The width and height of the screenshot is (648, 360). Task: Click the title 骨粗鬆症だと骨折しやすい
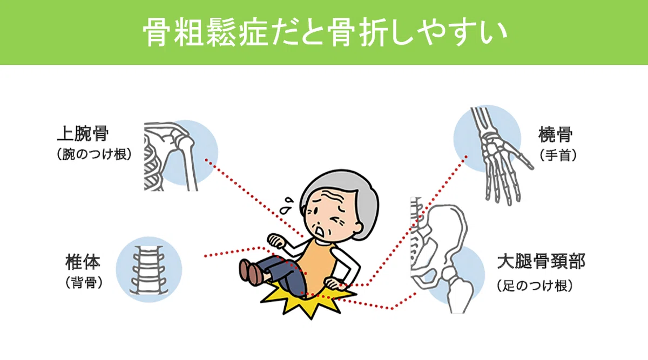coord(325,32)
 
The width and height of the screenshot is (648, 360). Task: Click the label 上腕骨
coord(83,134)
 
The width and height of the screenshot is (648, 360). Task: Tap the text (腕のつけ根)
coord(94,154)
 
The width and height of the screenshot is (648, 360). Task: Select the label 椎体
coord(83,262)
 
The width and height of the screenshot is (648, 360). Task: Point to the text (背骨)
coord(84,282)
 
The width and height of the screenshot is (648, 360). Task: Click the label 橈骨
coord(556,134)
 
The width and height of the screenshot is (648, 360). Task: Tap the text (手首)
coord(558,155)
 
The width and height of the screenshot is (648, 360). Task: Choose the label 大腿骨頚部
coord(541,261)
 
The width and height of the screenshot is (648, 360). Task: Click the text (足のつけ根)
coord(535,286)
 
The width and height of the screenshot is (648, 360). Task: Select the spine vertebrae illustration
coord(148,270)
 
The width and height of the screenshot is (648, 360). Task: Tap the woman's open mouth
coord(320,232)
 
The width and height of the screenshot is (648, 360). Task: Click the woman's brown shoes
coord(252,272)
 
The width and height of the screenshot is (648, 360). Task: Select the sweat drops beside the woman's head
coord(287,205)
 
